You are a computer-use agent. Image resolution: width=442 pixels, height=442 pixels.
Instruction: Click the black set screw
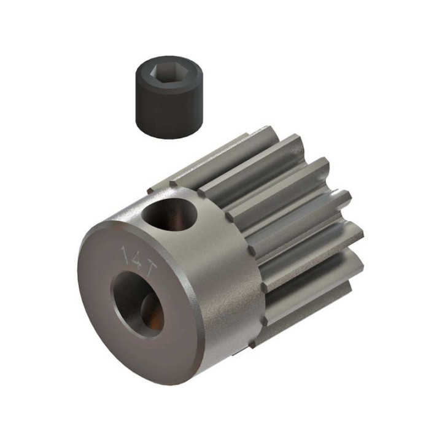point(169,97)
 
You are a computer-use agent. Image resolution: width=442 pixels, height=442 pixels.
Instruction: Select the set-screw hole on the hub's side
point(169,214)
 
